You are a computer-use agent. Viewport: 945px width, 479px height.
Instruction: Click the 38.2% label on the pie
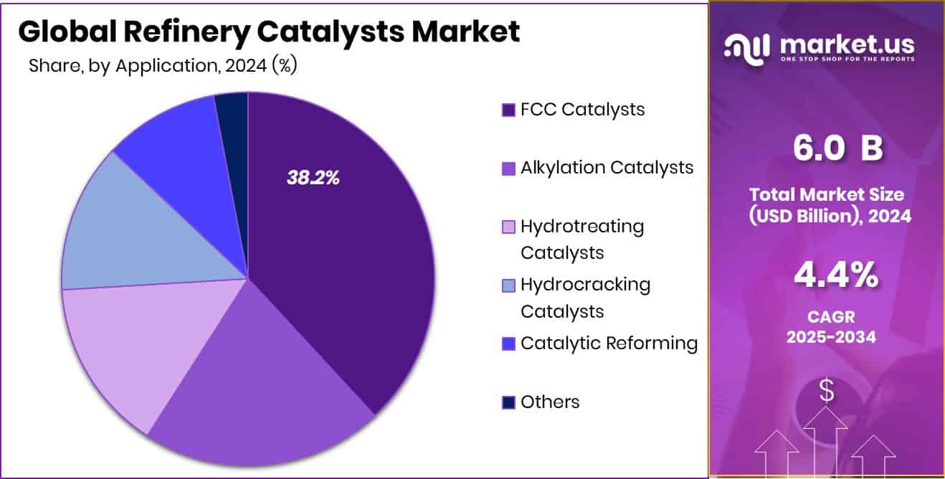tap(313, 179)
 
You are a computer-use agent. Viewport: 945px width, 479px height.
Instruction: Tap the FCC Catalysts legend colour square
tap(508, 110)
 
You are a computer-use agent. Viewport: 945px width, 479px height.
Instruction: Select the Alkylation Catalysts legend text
tap(607, 167)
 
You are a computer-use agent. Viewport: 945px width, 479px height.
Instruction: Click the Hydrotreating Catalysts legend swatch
tap(508, 227)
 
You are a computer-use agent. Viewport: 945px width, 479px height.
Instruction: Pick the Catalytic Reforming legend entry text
tap(609, 343)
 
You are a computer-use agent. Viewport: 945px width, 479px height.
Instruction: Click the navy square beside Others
tap(508, 402)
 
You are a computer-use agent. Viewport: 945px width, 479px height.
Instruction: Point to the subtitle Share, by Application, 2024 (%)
tap(163, 66)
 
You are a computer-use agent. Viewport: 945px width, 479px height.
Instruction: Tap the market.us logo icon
tap(746, 47)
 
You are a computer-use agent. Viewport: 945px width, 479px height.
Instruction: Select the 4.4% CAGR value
tap(836, 275)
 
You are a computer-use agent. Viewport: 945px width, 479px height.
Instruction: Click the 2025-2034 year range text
tap(831, 336)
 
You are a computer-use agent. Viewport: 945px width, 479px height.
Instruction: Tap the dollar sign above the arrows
tap(827, 391)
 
